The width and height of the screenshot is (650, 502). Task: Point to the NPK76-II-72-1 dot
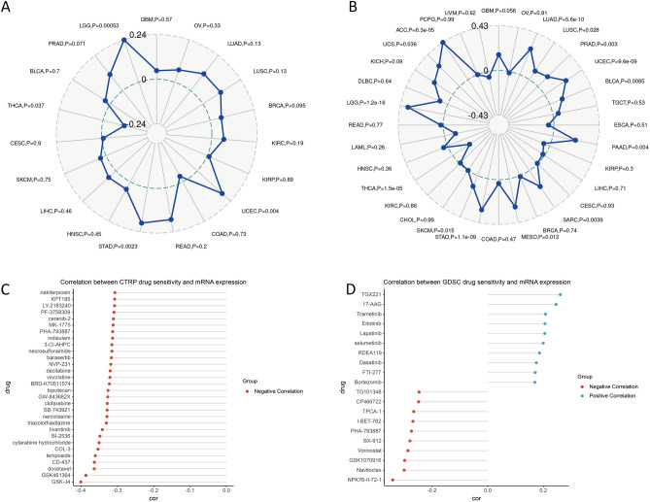[x=393, y=480]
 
